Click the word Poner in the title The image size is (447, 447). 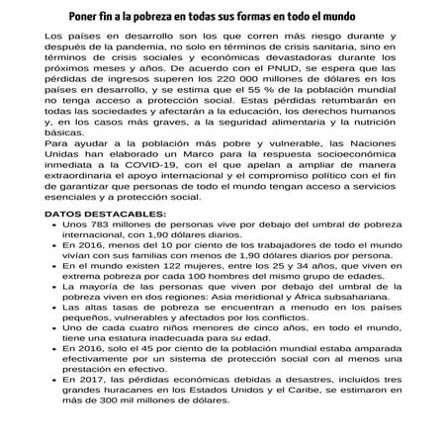(x=83, y=18)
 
